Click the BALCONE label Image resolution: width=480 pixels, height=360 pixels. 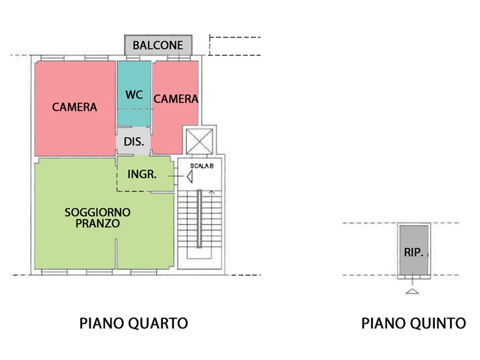(x=158, y=45)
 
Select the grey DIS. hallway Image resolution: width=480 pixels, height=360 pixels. (x=133, y=142)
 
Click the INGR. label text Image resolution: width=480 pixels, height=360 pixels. (x=142, y=175)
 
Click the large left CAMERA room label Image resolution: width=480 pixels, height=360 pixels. (x=74, y=107)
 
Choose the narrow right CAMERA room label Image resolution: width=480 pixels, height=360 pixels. (x=176, y=99)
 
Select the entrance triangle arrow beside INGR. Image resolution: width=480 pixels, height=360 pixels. (x=190, y=176)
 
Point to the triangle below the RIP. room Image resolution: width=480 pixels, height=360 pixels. (x=412, y=291)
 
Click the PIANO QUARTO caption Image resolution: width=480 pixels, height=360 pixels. (x=134, y=323)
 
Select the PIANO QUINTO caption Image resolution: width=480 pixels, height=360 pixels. (x=413, y=323)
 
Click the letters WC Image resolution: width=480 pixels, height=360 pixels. (x=133, y=95)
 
